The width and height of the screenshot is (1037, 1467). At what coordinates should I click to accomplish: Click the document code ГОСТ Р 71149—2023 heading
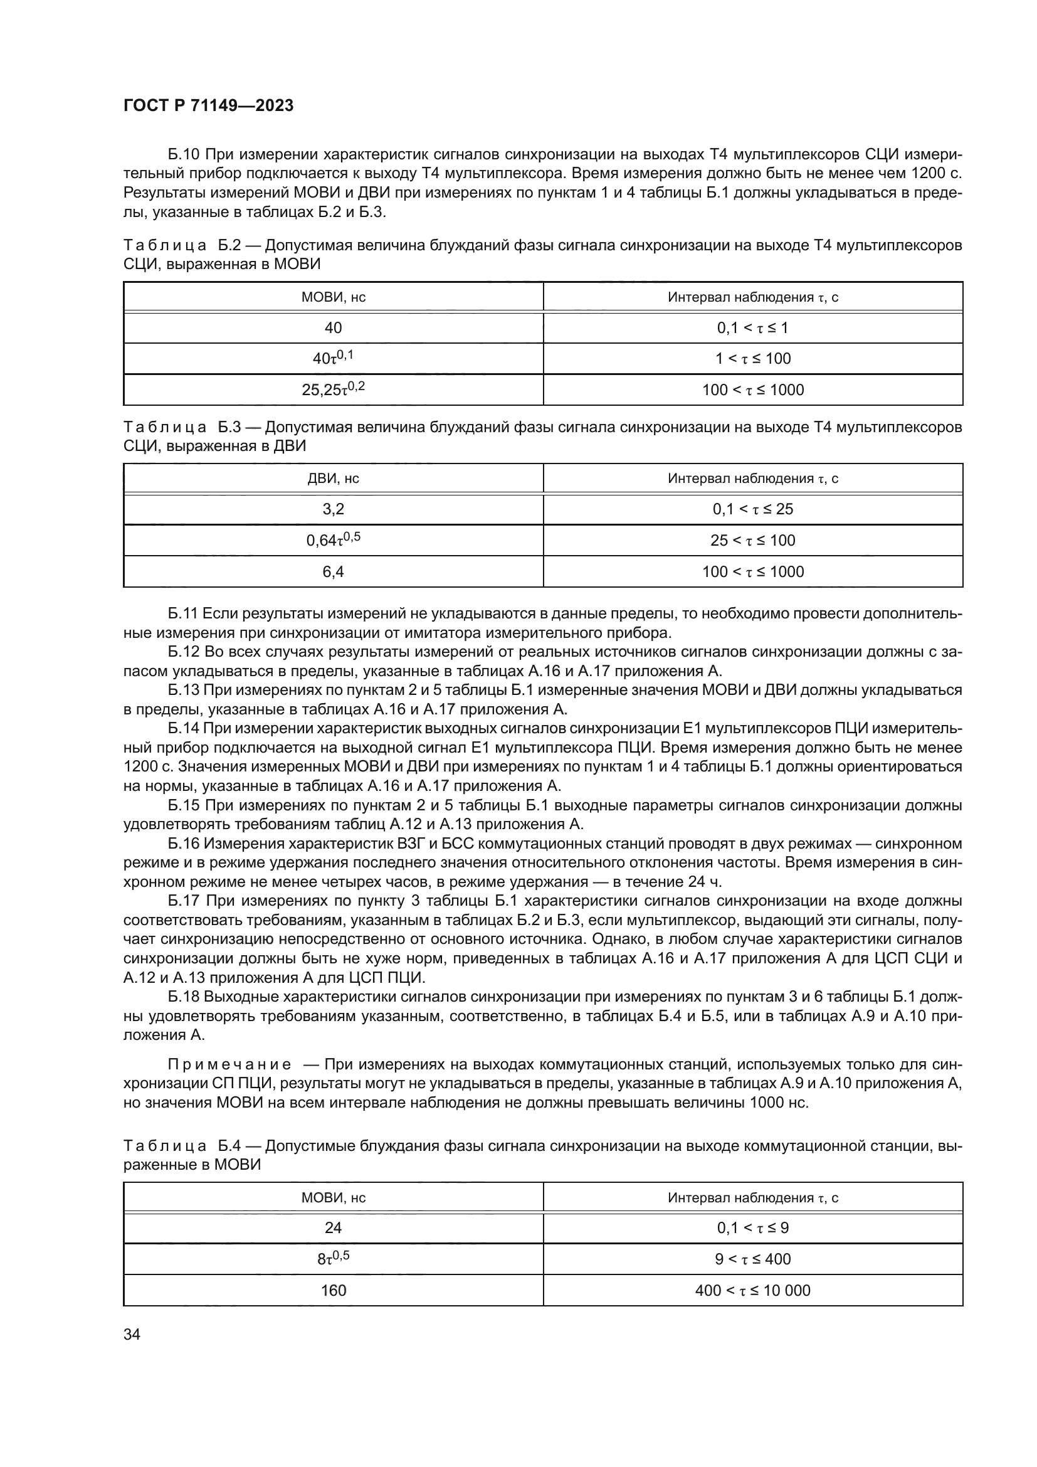pos(208,105)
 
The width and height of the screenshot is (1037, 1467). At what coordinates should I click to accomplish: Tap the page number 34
pos(132,1334)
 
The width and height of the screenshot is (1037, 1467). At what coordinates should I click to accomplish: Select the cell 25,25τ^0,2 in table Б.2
pos(333,389)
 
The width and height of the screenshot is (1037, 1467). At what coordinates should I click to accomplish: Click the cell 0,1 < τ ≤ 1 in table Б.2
pos(752,328)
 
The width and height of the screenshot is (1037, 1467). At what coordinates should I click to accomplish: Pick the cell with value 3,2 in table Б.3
pos(333,509)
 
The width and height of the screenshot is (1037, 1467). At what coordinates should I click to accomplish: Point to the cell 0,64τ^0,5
pos(333,540)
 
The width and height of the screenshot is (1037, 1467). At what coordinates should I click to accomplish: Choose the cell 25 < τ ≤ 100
pos(752,541)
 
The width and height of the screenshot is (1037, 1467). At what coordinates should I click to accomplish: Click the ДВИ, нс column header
pos(333,479)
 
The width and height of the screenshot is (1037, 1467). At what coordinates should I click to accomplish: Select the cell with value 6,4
pos(333,571)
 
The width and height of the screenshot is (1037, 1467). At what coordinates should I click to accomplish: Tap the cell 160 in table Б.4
pos(333,1290)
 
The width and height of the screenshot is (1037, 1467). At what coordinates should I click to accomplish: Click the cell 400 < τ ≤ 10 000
pos(752,1290)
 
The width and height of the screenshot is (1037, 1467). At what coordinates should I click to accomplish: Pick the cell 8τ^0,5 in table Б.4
pos(333,1259)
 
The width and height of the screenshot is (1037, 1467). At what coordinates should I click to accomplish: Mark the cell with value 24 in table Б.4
pos(333,1227)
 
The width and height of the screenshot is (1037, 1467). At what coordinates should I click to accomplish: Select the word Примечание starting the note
pos(229,1064)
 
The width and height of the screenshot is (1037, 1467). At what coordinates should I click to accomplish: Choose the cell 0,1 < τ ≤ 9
pos(752,1227)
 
